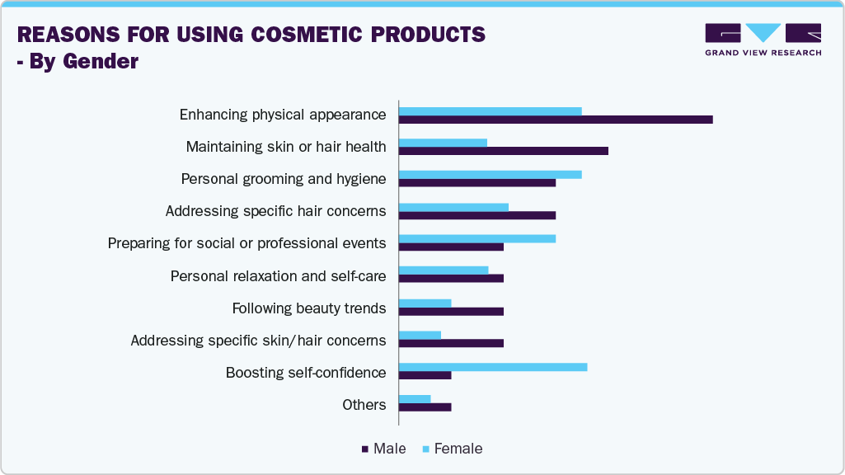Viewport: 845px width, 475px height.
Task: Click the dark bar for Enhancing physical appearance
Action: click(x=556, y=120)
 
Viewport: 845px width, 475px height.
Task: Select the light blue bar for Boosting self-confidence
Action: click(x=493, y=366)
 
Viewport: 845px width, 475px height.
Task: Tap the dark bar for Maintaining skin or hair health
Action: click(x=503, y=151)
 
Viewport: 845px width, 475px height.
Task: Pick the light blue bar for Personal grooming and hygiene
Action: click(x=490, y=175)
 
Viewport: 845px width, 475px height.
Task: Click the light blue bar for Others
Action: click(x=415, y=399)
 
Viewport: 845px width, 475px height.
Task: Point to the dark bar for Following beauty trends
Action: click(x=451, y=312)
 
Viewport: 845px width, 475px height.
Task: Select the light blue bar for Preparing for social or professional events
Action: click(x=477, y=239)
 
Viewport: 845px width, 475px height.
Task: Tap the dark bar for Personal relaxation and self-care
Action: click(x=451, y=279)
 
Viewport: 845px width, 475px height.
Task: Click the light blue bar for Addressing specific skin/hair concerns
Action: click(x=420, y=335)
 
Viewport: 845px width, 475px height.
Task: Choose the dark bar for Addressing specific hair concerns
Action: click(x=477, y=215)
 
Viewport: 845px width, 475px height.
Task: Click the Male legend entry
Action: click(x=383, y=449)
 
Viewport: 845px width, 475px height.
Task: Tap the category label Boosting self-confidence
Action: click(x=306, y=373)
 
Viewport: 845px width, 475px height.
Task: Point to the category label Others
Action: click(x=364, y=405)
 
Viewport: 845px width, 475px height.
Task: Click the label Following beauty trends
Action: click(x=309, y=308)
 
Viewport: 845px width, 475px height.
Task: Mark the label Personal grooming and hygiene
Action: click(x=284, y=179)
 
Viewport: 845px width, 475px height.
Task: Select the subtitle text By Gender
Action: click(x=83, y=62)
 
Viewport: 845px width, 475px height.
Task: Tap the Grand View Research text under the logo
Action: click(x=763, y=53)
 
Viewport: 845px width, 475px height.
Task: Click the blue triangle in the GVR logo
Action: click(x=763, y=32)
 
